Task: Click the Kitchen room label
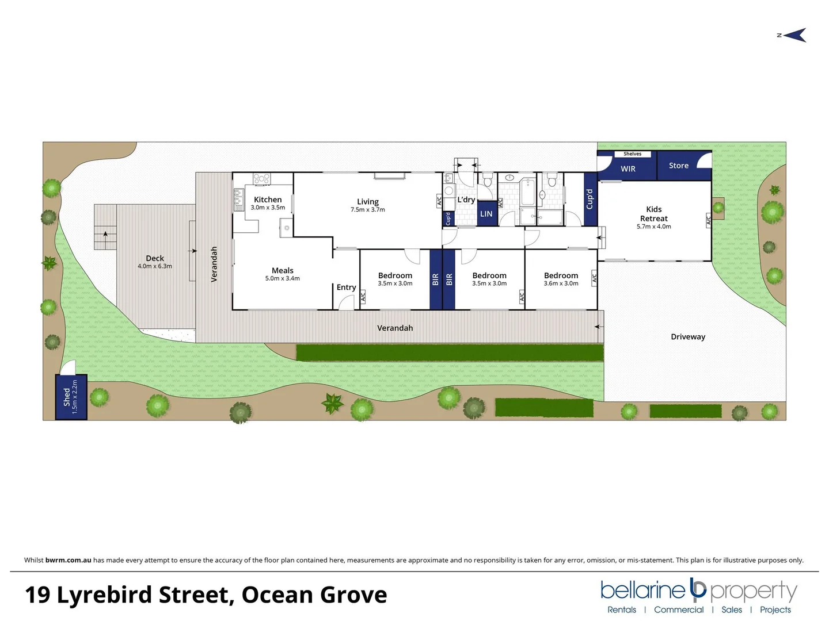coord(268,200)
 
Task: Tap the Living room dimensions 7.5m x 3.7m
coord(368,210)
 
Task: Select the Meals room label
coord(283,270)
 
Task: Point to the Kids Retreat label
coord(654,214)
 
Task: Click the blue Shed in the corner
coord(71,397)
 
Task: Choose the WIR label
coord(628,169)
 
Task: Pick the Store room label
coord(679,166)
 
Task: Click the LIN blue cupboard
coord(486,214)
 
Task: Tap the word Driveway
coord(688,337)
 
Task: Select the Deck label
coord(155,258)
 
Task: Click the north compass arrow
coord(794,36)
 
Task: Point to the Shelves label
coord(632,154)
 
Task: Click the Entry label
coord(347,287)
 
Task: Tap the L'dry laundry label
coord(466,200)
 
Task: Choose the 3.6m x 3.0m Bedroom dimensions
coord(561,283)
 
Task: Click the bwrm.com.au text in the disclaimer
coord(68,560)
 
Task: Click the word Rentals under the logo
coord(622,609)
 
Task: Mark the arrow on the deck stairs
coord(105,235)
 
